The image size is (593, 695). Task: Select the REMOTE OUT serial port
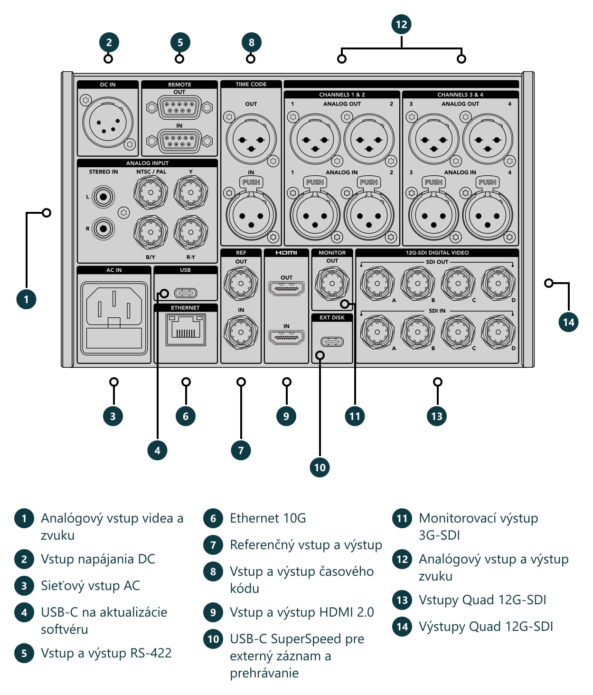[179, 107]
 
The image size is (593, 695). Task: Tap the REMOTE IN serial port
[179, 141]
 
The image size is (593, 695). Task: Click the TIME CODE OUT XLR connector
[251, 139]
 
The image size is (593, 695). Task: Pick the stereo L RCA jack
[103, 197]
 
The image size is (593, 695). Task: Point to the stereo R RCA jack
[103, 228]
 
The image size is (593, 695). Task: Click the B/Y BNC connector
[151, 232]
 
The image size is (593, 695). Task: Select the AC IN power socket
[114, 318]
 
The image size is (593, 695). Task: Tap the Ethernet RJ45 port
[186, 330]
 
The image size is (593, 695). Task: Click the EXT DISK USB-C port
[332, 342]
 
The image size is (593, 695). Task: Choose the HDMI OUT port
[286, 288]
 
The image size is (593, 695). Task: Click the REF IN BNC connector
[241, 332]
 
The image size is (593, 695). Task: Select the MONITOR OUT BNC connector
[332, 284]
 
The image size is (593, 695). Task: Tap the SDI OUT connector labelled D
[498, 284]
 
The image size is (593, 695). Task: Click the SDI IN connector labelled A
[377, 332]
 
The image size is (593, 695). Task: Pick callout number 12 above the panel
[401, 24]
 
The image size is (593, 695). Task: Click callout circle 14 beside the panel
[568, 322]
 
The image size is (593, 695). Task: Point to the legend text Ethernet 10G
[268, 518]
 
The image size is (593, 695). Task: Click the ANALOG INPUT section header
[147, 163]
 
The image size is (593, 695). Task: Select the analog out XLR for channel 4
[488, 139]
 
